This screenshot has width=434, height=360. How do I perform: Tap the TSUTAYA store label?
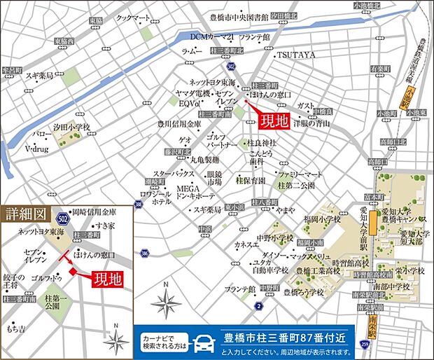point(296,54)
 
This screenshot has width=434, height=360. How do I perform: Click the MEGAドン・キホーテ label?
point(194,192)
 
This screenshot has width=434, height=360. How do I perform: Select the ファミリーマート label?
point(300,173)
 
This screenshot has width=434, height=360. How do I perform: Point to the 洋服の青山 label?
point(311,123)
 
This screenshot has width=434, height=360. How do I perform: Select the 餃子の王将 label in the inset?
point(13,282)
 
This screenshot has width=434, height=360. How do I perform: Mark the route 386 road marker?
point(143,252)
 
